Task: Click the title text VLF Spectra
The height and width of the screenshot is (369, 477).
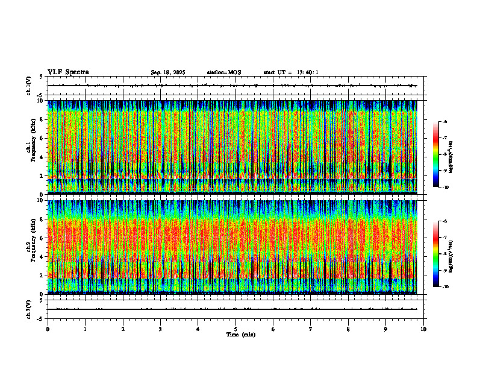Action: pyautogui.click(x=68, y=72)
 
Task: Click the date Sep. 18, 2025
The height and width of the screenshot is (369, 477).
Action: pyautogui.click(x=168, y=72)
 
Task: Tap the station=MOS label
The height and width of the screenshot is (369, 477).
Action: pyautogui.click(x=223, y=72)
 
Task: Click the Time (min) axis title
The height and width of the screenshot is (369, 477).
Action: pyautogui.click(x=240, y=334)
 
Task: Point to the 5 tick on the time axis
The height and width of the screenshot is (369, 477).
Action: pyautogui.click(x=235, y=329)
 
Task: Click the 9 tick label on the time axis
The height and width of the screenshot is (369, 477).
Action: pyautogui.click(x=386, y=329)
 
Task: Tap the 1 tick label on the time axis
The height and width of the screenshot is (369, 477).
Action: pyautogui.click(x=85, y=329)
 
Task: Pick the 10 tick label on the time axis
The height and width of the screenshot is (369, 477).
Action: pyautogui.click(x=423, y=329)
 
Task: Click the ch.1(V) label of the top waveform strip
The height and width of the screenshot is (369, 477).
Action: pyautogui.click(x=28, y=86)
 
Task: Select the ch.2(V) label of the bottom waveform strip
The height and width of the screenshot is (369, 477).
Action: pyautogui.click(x=28, y=309)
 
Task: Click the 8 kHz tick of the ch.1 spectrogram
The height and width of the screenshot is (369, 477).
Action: pyautogui.click(x=42, y=119)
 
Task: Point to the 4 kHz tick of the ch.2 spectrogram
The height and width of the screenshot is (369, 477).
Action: pyautogui.click(x=42, y=256)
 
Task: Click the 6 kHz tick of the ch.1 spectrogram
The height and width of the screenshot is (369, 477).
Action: pyautogui.click(x=42, y=138)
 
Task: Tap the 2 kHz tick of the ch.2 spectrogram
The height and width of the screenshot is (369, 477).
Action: pyautogui.click(x=42, y=275)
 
